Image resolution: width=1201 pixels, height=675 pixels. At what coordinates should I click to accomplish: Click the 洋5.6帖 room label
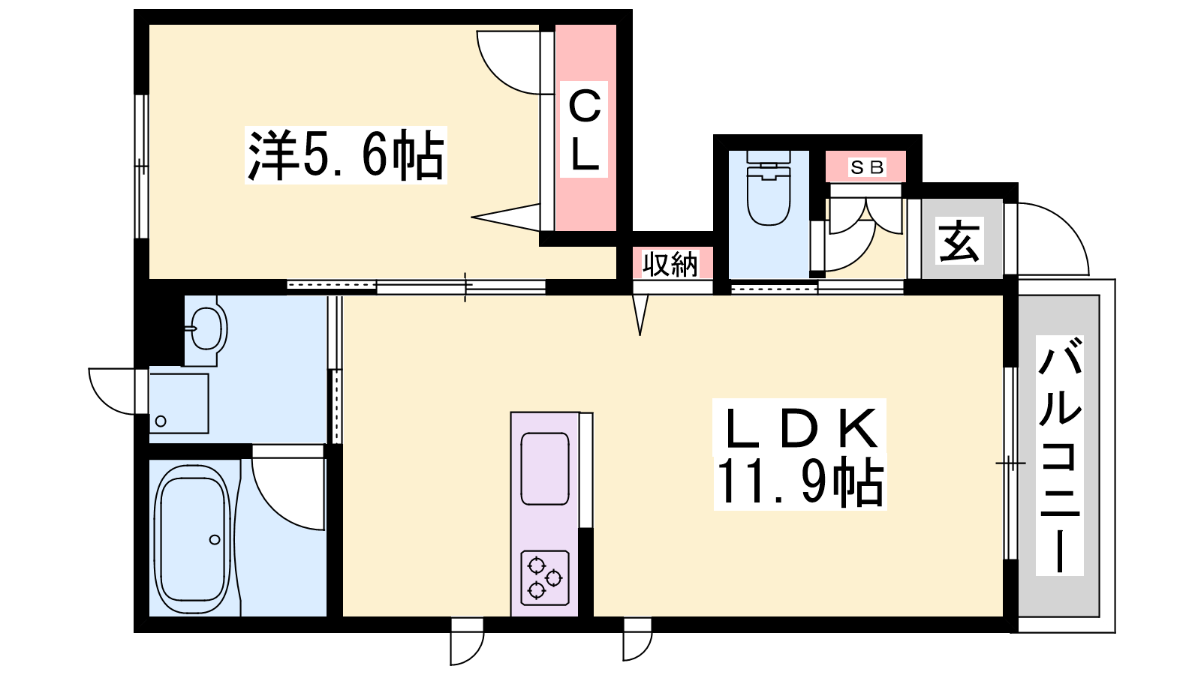(x=346, y=155)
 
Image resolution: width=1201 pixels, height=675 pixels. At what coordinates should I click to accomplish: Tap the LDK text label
(x=799, y=428)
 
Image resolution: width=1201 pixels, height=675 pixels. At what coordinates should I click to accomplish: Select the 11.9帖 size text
(x=799, y=481)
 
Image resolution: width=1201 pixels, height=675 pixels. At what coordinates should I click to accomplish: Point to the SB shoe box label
(x=867, y=167)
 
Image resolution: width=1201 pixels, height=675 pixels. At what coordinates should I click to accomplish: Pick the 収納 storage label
(x=671, y=264)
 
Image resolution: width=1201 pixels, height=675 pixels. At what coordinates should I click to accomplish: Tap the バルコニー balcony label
(x=1059, y=456)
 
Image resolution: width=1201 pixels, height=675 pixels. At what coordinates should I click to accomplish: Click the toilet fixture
(x=769, y=187)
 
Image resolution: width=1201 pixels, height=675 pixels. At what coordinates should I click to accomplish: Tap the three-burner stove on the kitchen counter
(x=545, y=577)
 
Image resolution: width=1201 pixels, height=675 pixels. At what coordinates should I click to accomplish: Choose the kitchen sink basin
(x=545, y=469)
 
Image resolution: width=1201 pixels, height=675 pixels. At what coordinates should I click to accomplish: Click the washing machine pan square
(x=179, y=403)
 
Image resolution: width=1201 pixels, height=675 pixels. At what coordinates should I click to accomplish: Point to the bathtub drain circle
(x=215, y=539)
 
